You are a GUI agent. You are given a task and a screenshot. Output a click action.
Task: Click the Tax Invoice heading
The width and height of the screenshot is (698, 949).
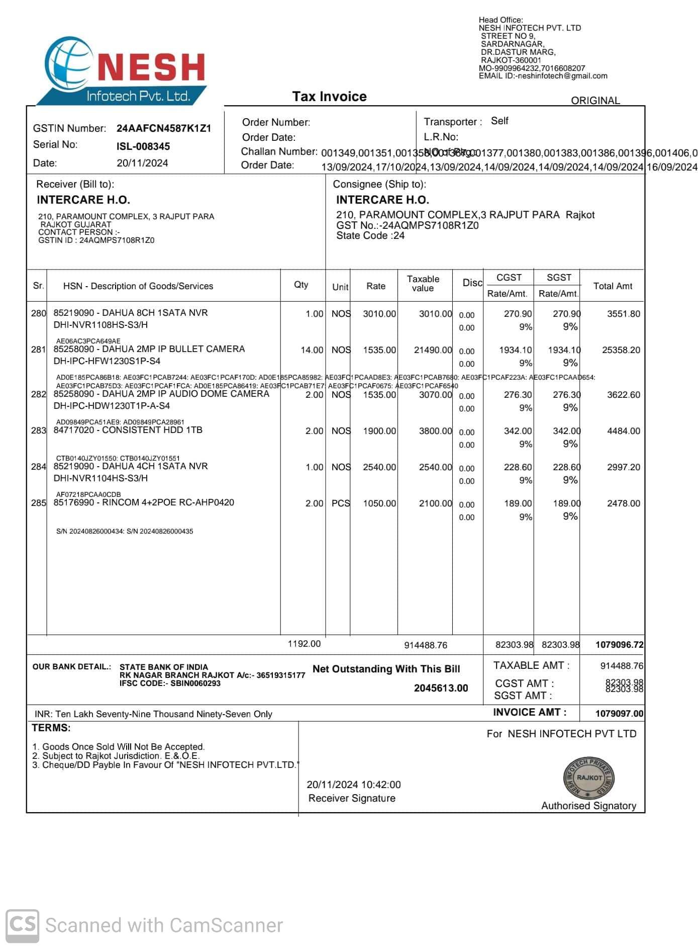tap(329, 97)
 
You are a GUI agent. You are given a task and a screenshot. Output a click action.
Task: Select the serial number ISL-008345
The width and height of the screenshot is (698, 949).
tap(143, 146)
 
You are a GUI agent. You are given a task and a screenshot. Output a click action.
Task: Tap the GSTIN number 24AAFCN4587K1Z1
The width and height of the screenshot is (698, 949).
tap(164, 128)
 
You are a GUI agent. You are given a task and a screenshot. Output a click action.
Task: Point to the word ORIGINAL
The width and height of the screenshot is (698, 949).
tap(595, 101)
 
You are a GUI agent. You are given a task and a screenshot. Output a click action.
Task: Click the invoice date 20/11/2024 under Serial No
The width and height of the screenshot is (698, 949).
tap(142, 163)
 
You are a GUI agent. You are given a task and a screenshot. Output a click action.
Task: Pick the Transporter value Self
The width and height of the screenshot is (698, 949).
tap(500, 121)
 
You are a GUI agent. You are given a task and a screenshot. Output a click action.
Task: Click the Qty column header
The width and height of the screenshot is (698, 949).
tap(301, 285)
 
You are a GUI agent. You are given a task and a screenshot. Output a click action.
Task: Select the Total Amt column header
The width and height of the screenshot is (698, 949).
tap(613, 286)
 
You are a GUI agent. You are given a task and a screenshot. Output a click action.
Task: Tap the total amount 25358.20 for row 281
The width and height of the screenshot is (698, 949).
tap(621, 350)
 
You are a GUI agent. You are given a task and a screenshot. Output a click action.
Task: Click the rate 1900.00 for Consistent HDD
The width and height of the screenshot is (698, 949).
tap(379, 431)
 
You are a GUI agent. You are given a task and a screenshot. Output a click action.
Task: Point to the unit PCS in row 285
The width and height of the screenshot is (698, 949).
tap(340, 503)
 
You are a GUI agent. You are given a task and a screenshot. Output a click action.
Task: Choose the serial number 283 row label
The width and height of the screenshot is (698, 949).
tap(38, 430)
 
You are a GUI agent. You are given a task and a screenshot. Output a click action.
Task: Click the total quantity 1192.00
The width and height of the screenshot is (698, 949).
tap(304, 644)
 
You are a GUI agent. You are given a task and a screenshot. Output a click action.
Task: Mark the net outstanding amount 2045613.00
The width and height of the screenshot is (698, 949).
tap(441, 688)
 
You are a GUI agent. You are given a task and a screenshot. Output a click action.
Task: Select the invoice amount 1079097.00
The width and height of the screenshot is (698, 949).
tap(619, 714)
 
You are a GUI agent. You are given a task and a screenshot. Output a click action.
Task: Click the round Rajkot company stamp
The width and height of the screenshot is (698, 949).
tap(588, 778)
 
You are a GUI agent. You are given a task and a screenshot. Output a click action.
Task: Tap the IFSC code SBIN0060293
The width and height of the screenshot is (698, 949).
tap(195, 683)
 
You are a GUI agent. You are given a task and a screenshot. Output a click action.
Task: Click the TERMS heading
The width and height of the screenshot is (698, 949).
tap(51, 728)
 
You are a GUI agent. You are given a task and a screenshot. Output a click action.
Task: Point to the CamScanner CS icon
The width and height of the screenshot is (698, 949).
tap(22, 924)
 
